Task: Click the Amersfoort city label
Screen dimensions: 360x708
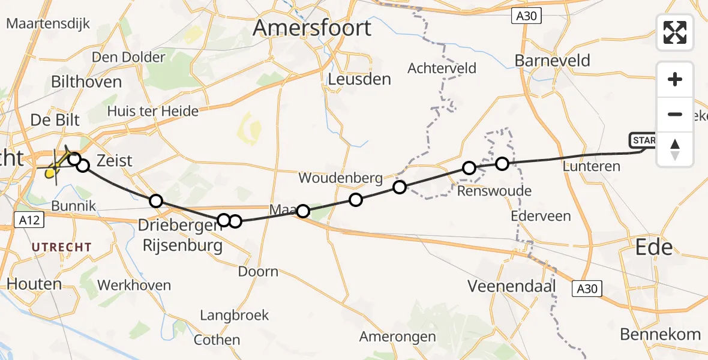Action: tap(312, 28)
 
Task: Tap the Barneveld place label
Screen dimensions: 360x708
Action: tap(553, 61)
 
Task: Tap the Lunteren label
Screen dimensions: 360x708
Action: tap(592, 166)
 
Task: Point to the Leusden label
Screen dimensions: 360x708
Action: tap(360, 79)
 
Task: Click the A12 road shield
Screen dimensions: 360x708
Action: tap(29, 220)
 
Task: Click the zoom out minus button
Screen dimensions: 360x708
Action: tap(675, 115)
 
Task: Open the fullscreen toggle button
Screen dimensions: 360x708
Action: tap(675, 32)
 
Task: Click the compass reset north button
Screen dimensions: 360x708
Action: tap(675, 149)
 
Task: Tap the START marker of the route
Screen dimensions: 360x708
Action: tap(643, 141)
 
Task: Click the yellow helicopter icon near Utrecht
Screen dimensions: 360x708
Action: tap(55, 167)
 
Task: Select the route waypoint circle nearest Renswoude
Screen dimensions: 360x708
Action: tap(469, 168)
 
